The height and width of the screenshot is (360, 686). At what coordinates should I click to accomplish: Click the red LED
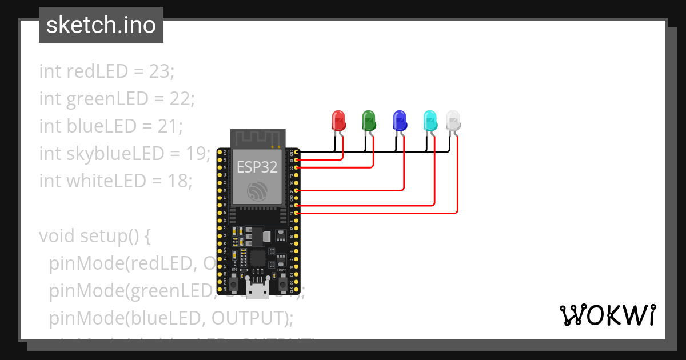click(339, 121)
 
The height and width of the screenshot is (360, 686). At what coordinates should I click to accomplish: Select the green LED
click(369, 121)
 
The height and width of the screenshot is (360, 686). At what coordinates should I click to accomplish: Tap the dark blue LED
click(400, 121)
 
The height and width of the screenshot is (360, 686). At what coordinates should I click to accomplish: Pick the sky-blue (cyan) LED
click(429, 120)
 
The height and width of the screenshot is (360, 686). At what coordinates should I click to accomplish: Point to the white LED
click(453, 121)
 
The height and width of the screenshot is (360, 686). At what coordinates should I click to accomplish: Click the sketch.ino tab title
click(101, 25)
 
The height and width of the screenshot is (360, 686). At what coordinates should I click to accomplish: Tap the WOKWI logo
click(607, 315)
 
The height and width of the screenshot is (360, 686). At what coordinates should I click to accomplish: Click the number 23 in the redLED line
click(160, 72)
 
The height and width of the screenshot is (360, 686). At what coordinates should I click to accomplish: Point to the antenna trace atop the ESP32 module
click(257, 138)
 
